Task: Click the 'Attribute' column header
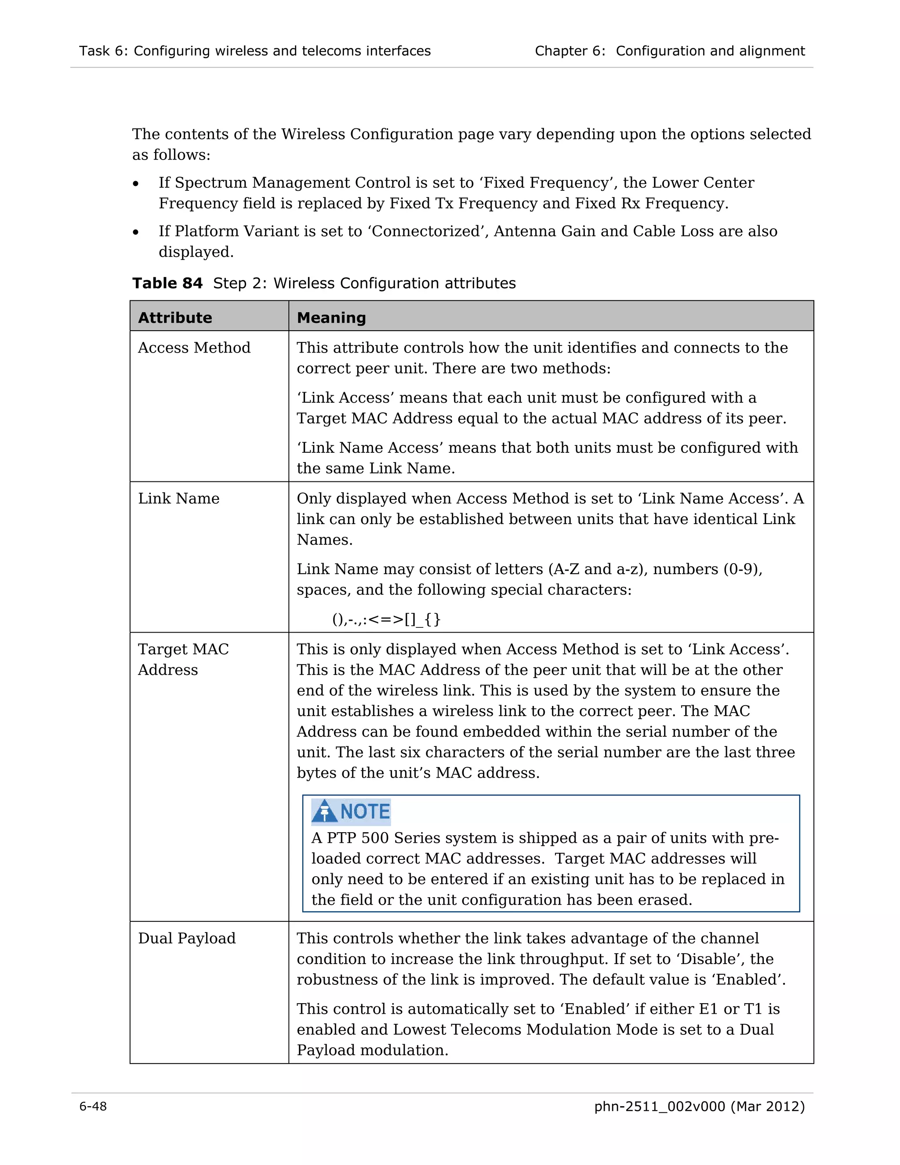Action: pos(175,318)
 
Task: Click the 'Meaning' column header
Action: pos(331,318)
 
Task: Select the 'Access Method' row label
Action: pos(194,348)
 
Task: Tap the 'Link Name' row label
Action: pos(178,499)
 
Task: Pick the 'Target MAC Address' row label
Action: pos(183,659)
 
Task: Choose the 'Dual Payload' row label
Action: pos(187,938)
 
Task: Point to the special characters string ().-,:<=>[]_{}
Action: pos(386,619)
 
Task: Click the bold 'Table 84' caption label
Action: pos(167,283)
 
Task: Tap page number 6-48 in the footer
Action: pos(93,1107)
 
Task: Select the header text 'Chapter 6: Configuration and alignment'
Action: pos(670,51)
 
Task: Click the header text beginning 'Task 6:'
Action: pos(255,51)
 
